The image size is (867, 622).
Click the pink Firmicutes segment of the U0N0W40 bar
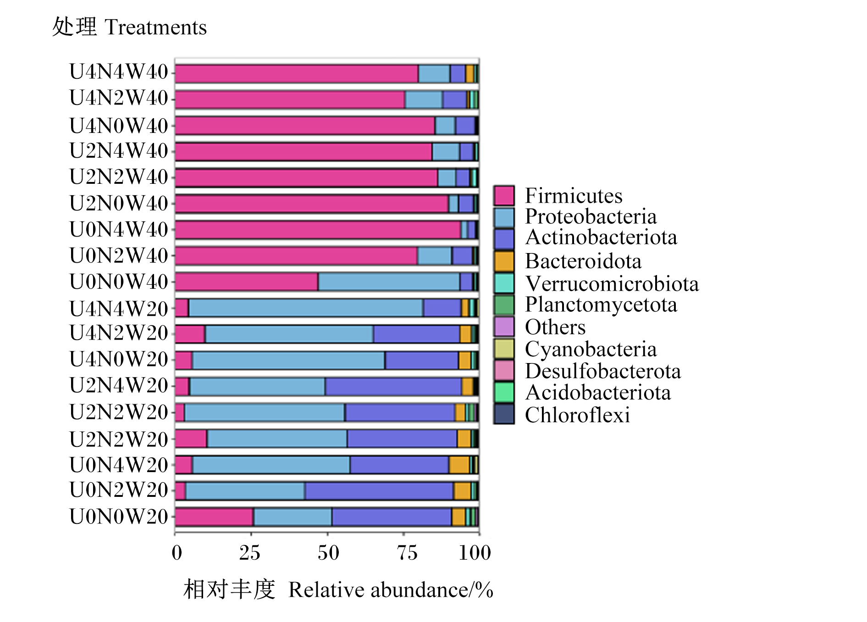click(x=247, y=281)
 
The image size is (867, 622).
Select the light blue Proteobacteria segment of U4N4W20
click(x=306, y=308)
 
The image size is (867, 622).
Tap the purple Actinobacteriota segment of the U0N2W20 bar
click(x=379, y=491)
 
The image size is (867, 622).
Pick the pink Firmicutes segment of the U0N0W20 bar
click(x=214, y=517)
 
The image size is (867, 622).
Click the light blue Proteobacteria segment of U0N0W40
click(x=389, y=281)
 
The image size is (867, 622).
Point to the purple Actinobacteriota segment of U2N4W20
click(x=393, y=386)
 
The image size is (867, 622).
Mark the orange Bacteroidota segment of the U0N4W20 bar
click(x=459, y=465)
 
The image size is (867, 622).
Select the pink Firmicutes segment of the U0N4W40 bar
click(x=318, y=230)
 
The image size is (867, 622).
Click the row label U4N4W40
click(x=119, y=72)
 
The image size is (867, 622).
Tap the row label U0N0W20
click(x=119, y=517)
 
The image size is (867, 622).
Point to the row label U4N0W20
click(x=119, y=360)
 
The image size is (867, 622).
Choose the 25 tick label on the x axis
click(x=250, y=553)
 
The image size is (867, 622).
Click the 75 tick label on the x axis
click(x=407, y=553)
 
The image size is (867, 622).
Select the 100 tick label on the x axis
click(x=475, y=553)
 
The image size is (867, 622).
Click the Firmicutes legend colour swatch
click(x=504, y=196)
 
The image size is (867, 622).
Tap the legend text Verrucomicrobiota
click(x=612, y=284)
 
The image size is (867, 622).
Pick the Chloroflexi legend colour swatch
click(x=504, y=414)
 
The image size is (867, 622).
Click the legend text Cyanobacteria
click(x=591, y=349)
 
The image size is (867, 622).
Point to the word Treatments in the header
click(x=156, y=28)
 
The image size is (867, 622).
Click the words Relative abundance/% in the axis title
click(x=391, y=590)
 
